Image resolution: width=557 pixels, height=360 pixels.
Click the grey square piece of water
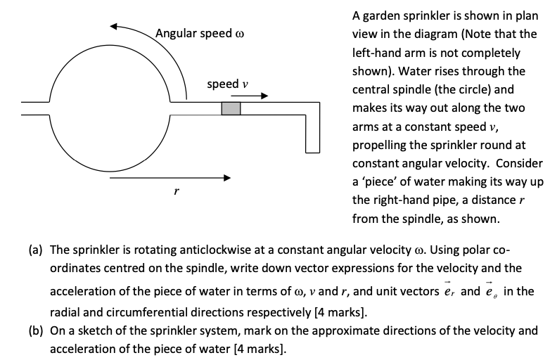coord(231,108)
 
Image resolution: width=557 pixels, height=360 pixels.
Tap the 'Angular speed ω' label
coord(200,34)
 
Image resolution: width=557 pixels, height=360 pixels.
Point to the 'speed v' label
coord(227,84)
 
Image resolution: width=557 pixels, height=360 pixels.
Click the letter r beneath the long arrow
coord(166,193)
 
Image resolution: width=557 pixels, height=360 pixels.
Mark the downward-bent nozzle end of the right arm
coord(313,146)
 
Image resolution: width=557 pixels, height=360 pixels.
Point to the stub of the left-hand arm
coord(35,108)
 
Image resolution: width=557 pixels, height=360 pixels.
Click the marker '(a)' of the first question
coord(36,250)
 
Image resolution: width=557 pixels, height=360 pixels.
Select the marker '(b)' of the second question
coord(36,330)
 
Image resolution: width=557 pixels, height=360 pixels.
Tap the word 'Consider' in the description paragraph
coord(513,163)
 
